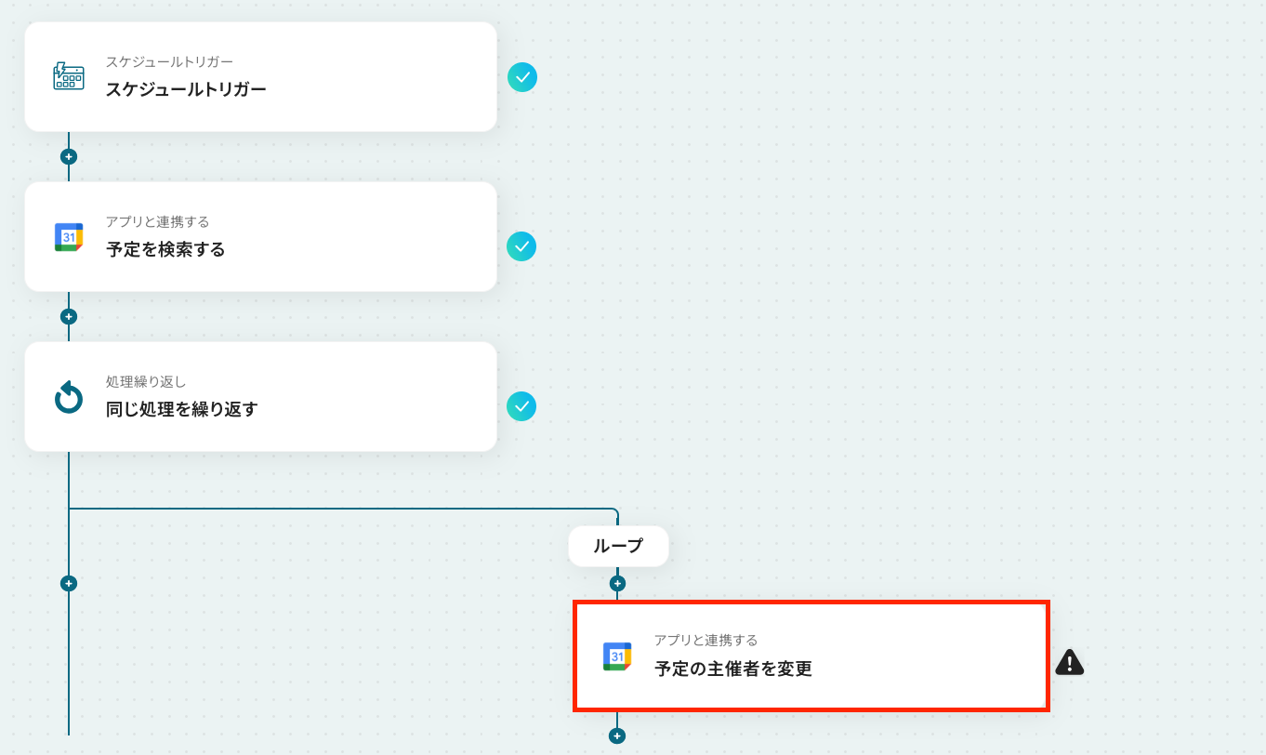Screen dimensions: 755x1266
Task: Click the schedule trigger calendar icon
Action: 69,76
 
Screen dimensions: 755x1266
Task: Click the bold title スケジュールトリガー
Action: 186,89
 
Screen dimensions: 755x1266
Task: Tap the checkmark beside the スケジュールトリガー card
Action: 522,76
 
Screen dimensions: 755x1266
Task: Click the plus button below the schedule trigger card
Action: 68,156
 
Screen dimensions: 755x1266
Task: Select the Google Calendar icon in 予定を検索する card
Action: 69,237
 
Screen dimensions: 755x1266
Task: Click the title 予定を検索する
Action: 165,249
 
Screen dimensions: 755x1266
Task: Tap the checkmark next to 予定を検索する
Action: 521,246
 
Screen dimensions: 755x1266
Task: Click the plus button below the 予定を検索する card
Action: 68,316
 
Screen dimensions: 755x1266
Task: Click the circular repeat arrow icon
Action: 69,398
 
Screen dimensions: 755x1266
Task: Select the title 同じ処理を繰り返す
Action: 182,409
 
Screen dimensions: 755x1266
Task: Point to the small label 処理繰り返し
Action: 146,382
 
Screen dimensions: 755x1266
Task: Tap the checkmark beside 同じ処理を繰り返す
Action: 521,406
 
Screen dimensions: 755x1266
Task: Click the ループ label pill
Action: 618,546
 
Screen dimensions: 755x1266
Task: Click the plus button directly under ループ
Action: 617,584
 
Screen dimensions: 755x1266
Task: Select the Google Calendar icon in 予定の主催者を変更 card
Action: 617,656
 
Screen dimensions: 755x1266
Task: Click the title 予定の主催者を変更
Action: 733,669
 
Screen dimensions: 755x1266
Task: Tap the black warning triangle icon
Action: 1070,662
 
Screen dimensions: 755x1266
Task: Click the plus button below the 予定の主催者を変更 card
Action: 616,735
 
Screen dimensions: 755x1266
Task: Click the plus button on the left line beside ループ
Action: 68,584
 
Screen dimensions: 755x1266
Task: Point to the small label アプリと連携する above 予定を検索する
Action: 157,222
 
